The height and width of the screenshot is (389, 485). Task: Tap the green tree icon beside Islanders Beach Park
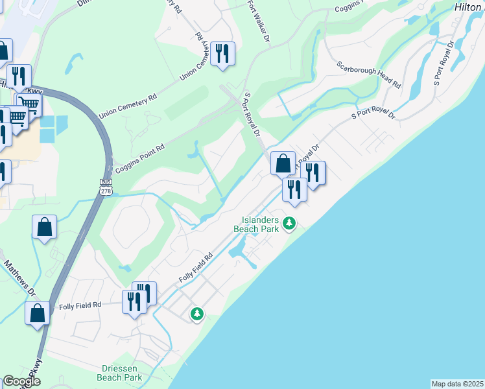[x=289, y=224]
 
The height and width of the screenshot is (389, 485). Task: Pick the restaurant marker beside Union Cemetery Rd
[x=222, y=54]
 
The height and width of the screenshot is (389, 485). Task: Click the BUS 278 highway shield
[x=106, y=186]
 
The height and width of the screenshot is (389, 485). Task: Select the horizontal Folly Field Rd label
[x=80, y=305]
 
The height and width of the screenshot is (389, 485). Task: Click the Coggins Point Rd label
[x=139, y=156]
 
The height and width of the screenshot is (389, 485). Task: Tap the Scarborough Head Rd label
[x=368, y=75]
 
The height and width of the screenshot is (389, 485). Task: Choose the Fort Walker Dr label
[x=257, y=21]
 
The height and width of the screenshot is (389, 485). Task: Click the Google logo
[x=21, y=381]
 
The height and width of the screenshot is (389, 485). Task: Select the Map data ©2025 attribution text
[x=457, y=384]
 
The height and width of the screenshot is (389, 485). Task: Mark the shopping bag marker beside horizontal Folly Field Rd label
[x=38, y=312]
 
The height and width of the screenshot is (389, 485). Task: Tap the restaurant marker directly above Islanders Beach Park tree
[x=294, y=189]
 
